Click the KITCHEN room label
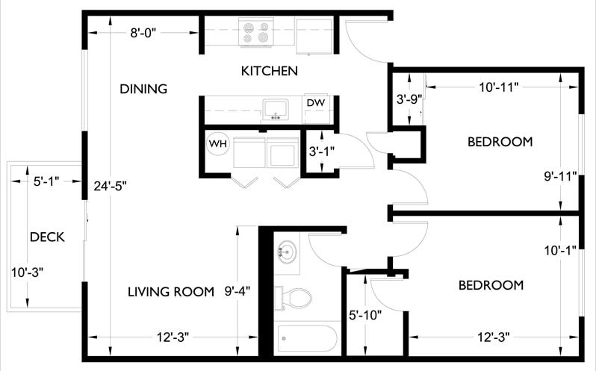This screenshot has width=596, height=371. pos(270,72)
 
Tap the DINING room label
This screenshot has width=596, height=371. pos(143,89)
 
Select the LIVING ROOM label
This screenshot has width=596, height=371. pos(170,291)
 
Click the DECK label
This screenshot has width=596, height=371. pos(47,237)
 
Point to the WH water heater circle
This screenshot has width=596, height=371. pos(217,142)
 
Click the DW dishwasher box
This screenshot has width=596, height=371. pos(314,102)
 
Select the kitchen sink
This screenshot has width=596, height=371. pos(276,110)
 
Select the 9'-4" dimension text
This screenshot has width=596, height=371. pos(241,291)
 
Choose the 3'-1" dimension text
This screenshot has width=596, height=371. pos(321,151)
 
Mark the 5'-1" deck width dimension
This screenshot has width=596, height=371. pos(46,181)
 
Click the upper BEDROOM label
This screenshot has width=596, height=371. pos(500,141)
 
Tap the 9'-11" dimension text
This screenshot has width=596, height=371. pos(560,177)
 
